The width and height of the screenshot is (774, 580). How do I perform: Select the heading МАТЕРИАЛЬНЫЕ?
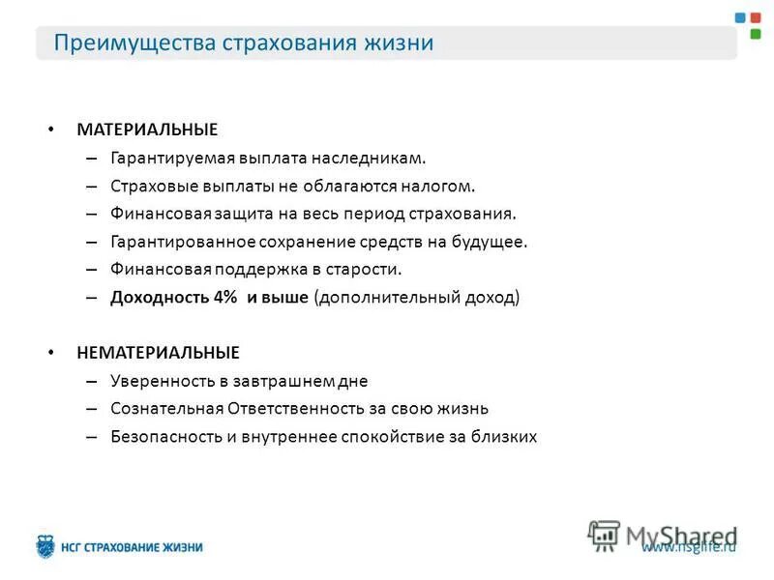pyautogui.click(x=147, y=129)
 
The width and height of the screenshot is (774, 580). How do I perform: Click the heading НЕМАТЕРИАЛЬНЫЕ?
pyautogui.click(x=159, y=353)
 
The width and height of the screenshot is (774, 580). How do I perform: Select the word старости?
pyautogui.click(x=367, y=269)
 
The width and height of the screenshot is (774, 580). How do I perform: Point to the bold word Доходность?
pyautogui.click(x=155, y=297)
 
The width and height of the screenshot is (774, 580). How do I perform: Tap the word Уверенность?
pyautogui.click(x=164, y=381)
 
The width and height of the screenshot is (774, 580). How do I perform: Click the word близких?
pyautogui.click(x=504, y=436)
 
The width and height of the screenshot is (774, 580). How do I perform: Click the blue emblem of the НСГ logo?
pyautogui.click(x=45, y=547)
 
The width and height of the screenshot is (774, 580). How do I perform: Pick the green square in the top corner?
pyautogui.click(x=756, y=33)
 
